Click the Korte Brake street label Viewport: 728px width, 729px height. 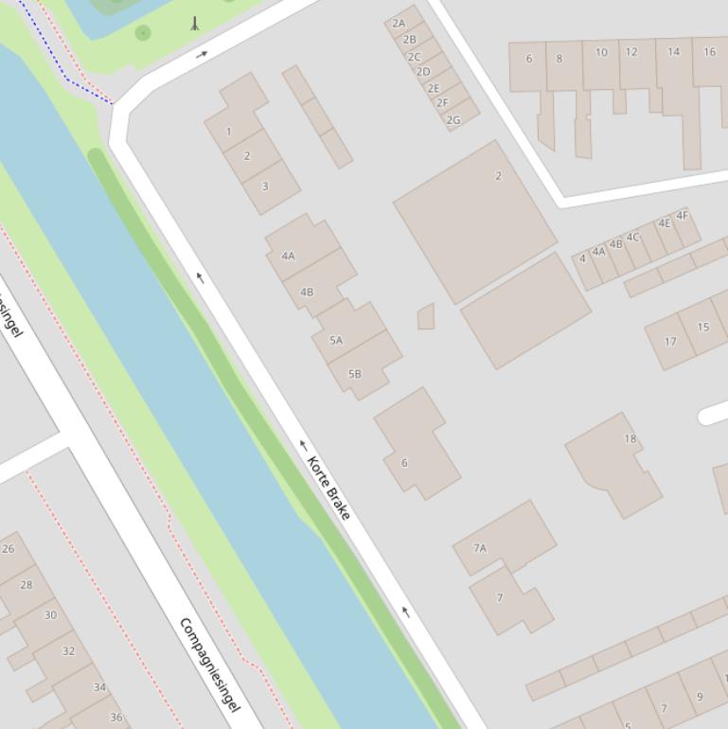[x=328, y=488]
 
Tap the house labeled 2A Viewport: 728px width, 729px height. [x=401, y=21]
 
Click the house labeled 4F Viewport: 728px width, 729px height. [x=684, y=225]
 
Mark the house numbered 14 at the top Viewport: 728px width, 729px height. [x=674, y=66]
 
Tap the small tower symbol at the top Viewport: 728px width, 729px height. [x=195, y=24]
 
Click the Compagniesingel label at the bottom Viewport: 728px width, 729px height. [x=210, y=665]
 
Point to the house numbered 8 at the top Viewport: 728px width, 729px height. [x=561, y=65]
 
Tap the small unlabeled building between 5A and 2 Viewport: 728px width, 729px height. [x=426, y=317]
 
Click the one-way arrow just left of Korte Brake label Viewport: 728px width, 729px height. [x=303, y=445]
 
